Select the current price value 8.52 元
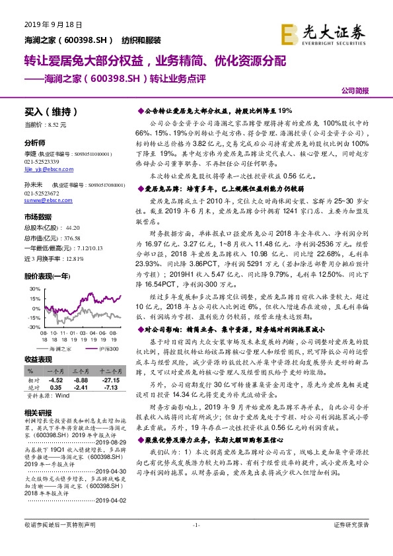[x=57, y=123]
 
